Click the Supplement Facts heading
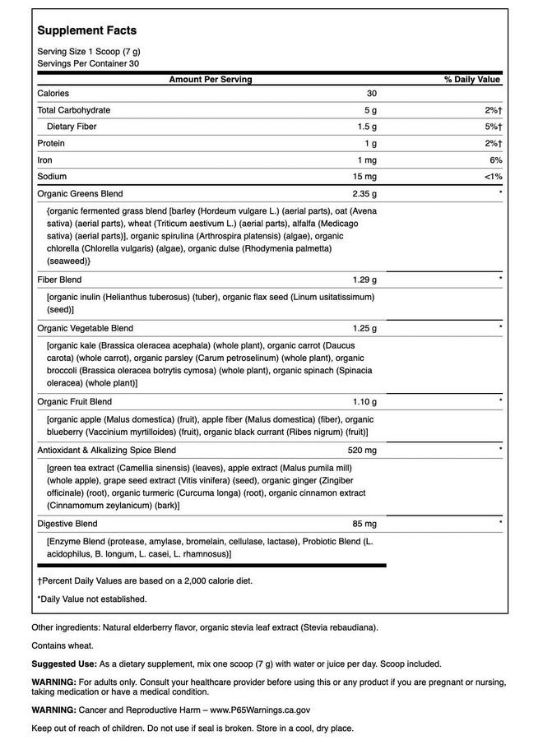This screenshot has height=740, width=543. tap(87, 30)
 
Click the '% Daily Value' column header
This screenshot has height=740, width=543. tap(472, 80)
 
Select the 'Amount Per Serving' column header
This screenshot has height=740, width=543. tap(211, 80)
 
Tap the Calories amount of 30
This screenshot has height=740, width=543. tap(371, 94)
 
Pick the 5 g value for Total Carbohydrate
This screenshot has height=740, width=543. tap(371, 110)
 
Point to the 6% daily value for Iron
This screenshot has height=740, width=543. tap(494, 160)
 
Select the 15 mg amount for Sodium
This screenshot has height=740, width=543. tap(366, 177)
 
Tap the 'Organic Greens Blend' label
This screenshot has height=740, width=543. tap(80, 194)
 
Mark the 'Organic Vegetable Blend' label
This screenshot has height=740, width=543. tap(85, 328)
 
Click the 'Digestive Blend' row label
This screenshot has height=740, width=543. tap(67, 524)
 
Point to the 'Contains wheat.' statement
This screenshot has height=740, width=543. tap(63, 645)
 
